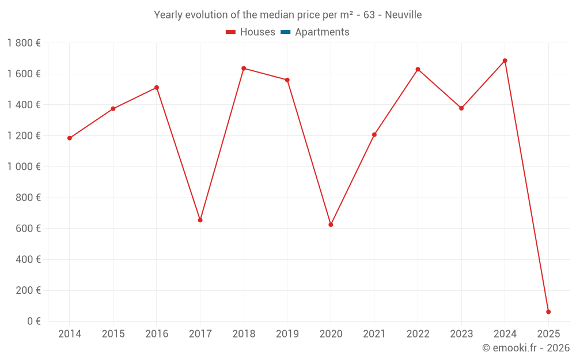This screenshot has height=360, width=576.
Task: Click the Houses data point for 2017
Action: (x=200, y=220)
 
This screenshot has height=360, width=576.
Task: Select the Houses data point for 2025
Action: (x=548, y=312)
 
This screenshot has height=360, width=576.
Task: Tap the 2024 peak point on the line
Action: (x=505, y=60)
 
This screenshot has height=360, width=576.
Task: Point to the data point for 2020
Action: (x=331, y=225)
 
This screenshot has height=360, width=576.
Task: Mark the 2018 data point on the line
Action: (x=244, y=69)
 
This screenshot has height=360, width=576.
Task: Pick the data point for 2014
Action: (x=70, y=138)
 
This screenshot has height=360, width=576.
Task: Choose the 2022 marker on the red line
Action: (x=418, y=70)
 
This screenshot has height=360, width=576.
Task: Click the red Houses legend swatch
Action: (x=231, y=32)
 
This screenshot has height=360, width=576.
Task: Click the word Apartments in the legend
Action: (x=322, y=32)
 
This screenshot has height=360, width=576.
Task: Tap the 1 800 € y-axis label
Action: (x=24, y=43)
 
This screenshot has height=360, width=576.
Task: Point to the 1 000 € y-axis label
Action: (x=24, y=166)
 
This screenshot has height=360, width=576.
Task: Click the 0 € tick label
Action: (x=34, y=321)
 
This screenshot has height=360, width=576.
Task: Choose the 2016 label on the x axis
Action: (x=157, y=334)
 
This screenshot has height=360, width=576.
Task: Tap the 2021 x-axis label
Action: (x=374, y=334)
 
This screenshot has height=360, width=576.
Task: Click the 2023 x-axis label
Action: (x=461, y=334)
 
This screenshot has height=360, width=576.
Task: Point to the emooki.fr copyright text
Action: (x=526, y=348)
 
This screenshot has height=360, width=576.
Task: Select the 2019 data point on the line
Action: (x=287, y=80)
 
